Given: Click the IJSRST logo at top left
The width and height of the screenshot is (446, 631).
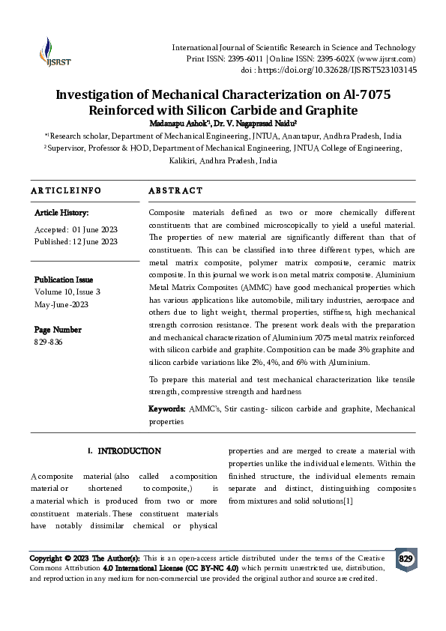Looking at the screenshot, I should pyautogui.click(x=51, y=52).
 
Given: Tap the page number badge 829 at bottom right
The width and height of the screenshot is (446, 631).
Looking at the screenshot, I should pyautogui.click(x=406, y=559).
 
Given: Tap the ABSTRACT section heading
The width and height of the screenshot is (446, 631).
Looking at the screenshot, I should pyautogui.click(x=175, y=191).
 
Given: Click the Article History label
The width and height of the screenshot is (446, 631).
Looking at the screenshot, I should pyautogui.click(x=61, y=214).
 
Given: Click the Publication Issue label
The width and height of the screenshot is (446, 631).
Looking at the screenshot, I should pyautogui.click(x=64, y=280).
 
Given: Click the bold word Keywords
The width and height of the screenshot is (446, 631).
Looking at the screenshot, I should pyautogui.click(x=166, y=409).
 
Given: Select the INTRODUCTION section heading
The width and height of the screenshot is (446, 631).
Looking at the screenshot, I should pyautogui.click(x=129, y=451).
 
